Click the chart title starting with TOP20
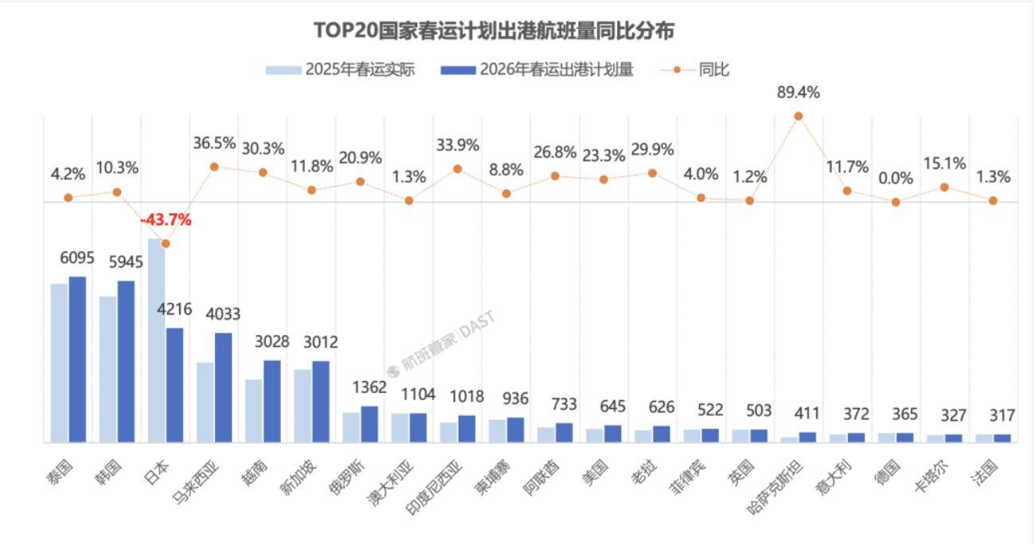[494, 31]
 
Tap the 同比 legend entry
[701, 70]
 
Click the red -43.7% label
[166, 220]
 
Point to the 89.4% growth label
[799, 92]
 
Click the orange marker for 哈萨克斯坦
[799, 116]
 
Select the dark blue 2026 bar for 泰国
[77, 359]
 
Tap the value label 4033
[224, 314]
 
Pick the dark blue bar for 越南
[272, 401]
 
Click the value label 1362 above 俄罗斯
[369, 388]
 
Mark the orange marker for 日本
[166, 243]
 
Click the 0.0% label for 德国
[896, 177]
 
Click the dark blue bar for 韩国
[126, 361]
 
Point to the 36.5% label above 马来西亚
[214, 143]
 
